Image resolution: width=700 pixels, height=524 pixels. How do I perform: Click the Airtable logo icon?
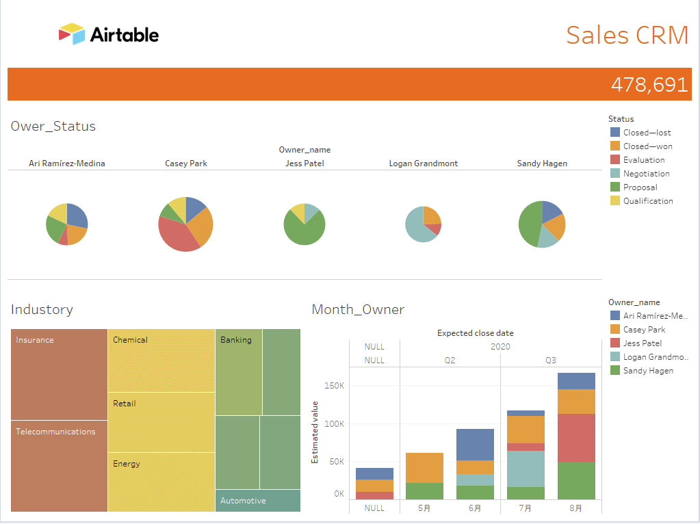(72, 34)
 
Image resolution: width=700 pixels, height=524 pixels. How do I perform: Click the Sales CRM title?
(627, 35)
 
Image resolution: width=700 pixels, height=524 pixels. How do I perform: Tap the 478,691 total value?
(649, 84)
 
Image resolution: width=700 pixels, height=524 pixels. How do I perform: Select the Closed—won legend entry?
(647, 146)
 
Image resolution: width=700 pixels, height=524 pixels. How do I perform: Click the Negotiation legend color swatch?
(615, 174)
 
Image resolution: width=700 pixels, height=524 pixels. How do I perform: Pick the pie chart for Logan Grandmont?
(423, 224)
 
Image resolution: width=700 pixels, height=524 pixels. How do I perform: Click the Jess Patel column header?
(304, 163)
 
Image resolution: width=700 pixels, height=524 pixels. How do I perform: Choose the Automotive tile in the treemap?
(257, 501)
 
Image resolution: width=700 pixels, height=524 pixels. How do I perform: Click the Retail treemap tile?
(161, 421)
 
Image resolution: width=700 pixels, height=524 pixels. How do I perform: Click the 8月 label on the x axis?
(576, 508)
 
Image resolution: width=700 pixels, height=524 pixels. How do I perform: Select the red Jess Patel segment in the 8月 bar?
(576, 438)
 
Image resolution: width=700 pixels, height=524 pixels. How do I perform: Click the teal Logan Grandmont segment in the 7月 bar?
(526, 469)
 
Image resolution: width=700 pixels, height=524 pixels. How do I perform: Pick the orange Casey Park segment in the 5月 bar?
(424, 467)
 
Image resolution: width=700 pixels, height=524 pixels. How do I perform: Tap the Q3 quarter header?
(551, 361)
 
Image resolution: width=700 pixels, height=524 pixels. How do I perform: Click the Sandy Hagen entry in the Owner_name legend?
(647, 371)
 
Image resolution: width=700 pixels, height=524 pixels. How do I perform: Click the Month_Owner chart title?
(358, 310)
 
